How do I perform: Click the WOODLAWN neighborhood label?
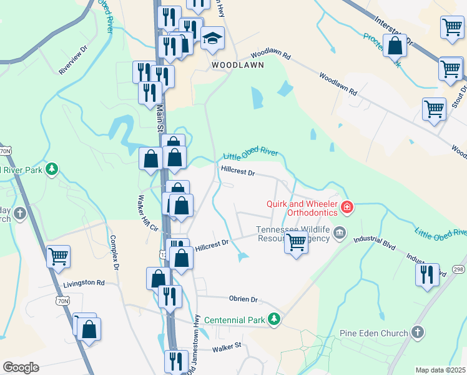click(237, 64)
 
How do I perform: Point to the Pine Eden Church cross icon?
click(418, 332)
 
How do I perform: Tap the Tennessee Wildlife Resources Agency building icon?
click(338, 234)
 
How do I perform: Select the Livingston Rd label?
click(84, 283)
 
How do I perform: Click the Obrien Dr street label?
click(243, 300)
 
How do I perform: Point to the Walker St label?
click(226, 346)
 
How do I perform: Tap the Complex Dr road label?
click(114, 252)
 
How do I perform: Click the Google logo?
click(21, 367)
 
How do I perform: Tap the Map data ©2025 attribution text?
click(440, 370)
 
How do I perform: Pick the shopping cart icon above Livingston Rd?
click(59, 256)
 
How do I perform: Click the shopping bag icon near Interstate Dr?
click(395, 46)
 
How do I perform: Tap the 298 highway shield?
click(458, 269)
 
